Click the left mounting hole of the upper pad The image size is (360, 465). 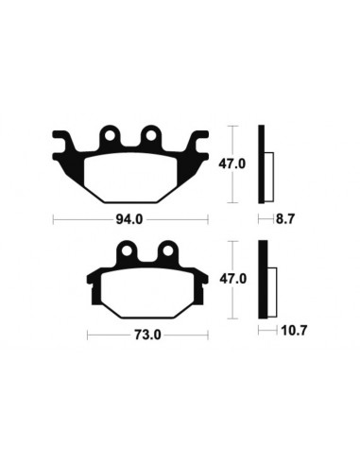tap(110, 138)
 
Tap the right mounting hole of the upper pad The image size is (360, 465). tap(149, 138)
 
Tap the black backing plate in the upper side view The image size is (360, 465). tap(261, 164)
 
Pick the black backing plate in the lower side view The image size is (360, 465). tap(262, 281)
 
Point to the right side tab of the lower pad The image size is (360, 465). tap(201, 277)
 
